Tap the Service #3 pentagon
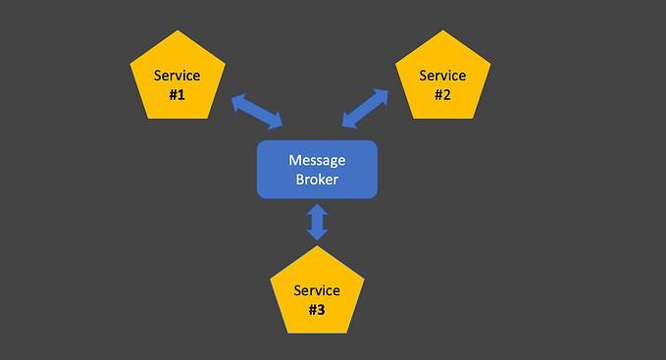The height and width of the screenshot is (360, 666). click(317, 294)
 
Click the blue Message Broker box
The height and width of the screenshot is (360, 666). click(317, 170)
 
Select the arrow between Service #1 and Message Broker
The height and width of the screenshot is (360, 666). click(258, 111)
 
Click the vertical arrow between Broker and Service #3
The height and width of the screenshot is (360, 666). click(317, 222)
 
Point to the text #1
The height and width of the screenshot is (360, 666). click(178, 94)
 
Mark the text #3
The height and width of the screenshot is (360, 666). click(317, 309)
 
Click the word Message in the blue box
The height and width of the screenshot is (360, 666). click(317, 160)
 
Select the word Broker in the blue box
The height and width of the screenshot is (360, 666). click(317, 180)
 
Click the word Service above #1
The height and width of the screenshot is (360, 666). click(178, 77)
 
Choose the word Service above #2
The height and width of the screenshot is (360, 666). click(442, 76)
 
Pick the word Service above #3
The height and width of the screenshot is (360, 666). click(317, 290)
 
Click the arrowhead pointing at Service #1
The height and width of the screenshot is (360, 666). click(237, 100)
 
